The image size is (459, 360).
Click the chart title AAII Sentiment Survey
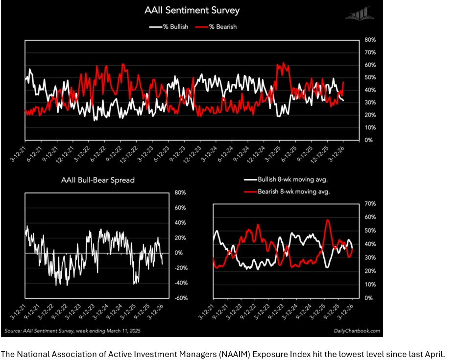coord(192,10)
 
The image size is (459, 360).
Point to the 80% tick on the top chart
coord(370,40)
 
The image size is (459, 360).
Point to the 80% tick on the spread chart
coord(180,193)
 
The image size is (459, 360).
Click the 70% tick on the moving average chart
coord(370,203)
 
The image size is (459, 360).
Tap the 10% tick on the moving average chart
coord(370,285)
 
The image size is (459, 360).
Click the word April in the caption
coord(434,354)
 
